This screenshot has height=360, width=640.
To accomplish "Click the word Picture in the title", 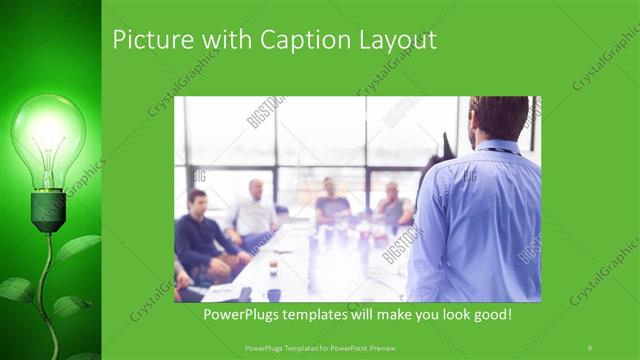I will [149, 41].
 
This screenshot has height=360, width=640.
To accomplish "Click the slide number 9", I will [590, 347].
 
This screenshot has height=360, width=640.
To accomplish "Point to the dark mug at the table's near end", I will [273, 295].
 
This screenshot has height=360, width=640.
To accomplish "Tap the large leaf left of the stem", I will [18, 289].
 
